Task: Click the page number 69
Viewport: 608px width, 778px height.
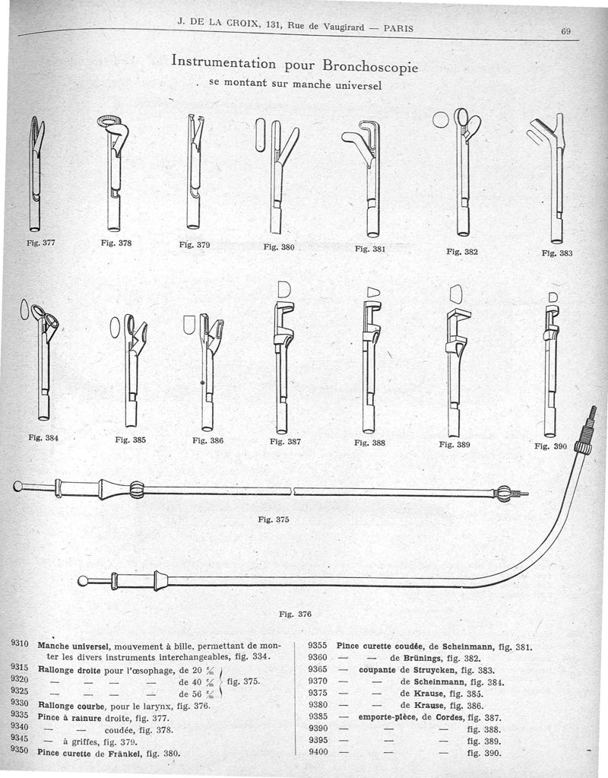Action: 565,31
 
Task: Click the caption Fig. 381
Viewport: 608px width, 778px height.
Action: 370,249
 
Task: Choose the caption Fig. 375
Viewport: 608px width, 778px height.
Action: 274,519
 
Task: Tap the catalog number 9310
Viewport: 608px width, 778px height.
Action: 20,643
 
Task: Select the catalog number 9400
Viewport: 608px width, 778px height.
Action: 318,753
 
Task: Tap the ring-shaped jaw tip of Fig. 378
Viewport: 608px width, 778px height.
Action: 111,120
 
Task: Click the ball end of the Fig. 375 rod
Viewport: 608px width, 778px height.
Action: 18,486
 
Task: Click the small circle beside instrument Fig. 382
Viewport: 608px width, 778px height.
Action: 442,119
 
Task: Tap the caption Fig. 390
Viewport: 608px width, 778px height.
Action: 551,446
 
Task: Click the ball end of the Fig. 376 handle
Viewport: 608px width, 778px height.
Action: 83,583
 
